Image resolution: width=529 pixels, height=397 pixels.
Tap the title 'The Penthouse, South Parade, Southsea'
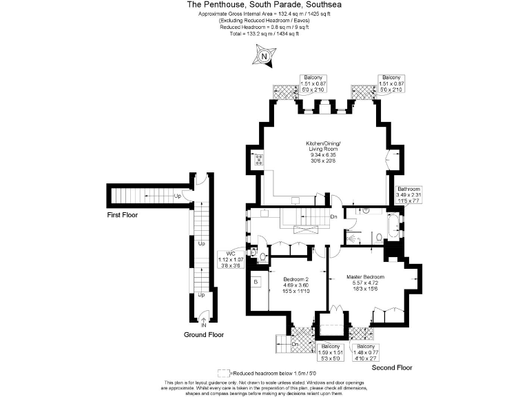[x=264, y=5]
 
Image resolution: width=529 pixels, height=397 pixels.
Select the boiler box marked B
[x=256, y=282]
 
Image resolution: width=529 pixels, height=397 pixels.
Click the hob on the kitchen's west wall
[x=258, y=161]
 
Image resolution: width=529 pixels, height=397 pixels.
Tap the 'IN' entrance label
[x=203, y=325]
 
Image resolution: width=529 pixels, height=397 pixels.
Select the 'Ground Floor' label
[x=203, y=334]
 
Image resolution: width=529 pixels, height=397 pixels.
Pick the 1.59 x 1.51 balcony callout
[x=330, y=353]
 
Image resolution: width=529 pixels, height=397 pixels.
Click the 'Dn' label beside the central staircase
[x=333, y=216]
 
